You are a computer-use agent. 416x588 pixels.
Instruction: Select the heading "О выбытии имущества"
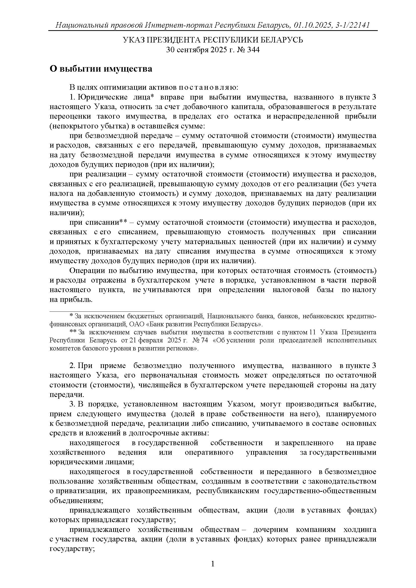(101, 69)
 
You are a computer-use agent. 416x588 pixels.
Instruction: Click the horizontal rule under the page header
(213, 30)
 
